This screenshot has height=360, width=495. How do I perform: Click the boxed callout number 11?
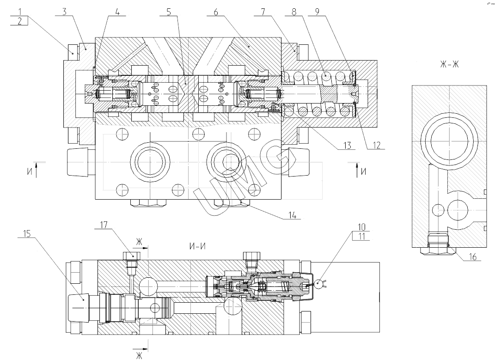point(361,236)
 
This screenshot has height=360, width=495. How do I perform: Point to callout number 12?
point(376,145)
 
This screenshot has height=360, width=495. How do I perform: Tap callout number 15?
point(27,234)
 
